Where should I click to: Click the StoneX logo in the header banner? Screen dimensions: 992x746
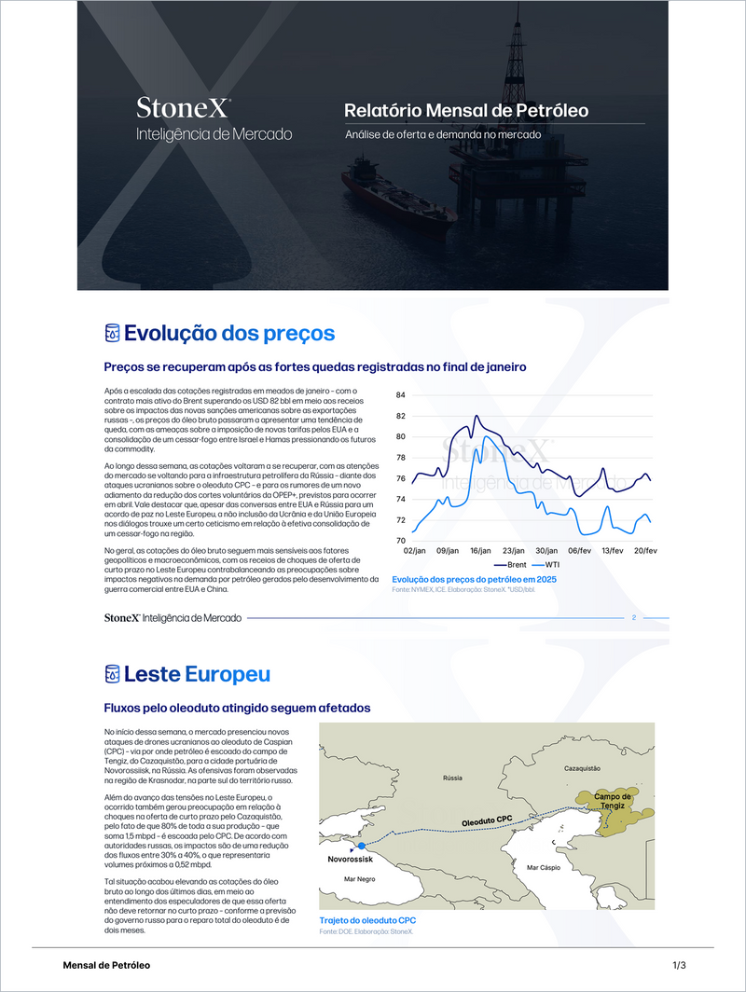pyautogui.click(x=184, y=107)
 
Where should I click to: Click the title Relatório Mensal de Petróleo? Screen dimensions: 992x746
pyautogui.click(x=466, y=110)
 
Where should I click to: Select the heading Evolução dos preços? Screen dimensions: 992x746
pyautogui.click(x=229, y=333)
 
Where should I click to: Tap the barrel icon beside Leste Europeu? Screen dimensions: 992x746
pyautogui.click(x=112, y=673)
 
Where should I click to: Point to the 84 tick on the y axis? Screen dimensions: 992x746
pyautogui.click(x=401, y=395)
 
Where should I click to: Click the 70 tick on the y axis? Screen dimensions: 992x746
pyautogui.click(x=401, y=541)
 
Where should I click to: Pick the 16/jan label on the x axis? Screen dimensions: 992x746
pyautogui.click(x=481, y=551)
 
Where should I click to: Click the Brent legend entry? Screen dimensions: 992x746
pyautogui.click(x=511, y=565)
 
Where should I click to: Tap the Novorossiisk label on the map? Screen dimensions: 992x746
pyautogui.click(x=350, y=861)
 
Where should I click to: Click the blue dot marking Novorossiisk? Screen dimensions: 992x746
pyautogui.click(x=361, y=846)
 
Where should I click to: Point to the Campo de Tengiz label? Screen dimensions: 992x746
pyautogui.click(x=614, y=801)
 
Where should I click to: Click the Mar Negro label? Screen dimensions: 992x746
pyautogui.click(x=359, y=879)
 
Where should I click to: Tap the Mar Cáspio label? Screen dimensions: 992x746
pyautogui.click(x=545, y=867)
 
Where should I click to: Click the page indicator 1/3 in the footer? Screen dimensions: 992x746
pyautogui.click(x=679, y=965)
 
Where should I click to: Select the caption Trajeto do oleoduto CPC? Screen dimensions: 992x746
pyautogui.click(x=367, y=920)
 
